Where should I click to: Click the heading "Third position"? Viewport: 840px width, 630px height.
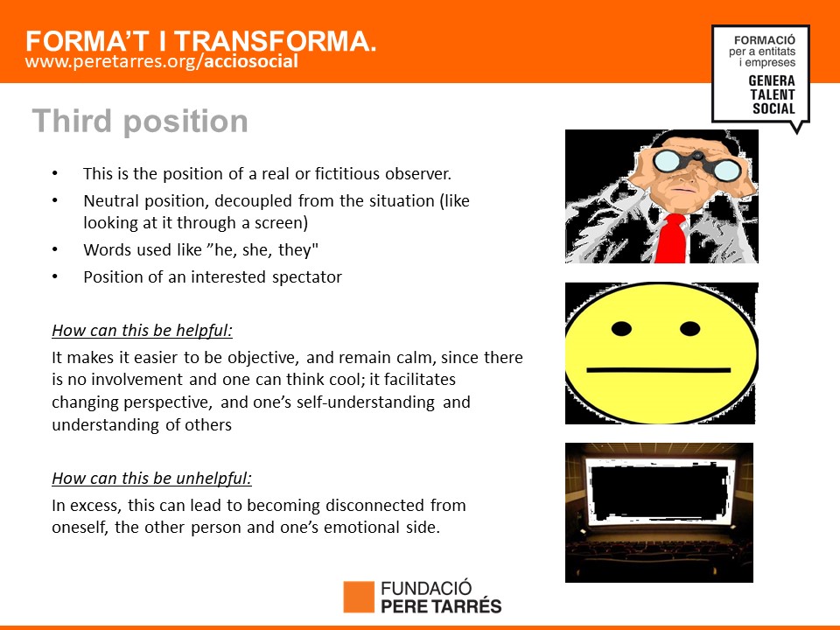pyautogui.click(x=140, y=122)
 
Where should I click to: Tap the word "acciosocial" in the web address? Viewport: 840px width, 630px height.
pyautogui.click(x=251, y=61)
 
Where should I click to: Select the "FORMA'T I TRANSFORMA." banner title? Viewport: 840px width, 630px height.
pyautogui.click(x=201, y=41)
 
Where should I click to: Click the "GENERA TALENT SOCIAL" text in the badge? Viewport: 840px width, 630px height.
pyautogui.click(x=772, y=94)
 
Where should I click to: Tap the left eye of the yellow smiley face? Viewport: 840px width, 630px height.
pyautogui.click(x=621, y=329)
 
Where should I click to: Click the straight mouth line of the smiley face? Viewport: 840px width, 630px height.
pyautogui.click(x=659, y=370)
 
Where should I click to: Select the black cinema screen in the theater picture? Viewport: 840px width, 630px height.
pyautogui.click(x=660, y=491)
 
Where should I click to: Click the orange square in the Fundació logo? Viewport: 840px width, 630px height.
pyautogui.click(x=359, y=597)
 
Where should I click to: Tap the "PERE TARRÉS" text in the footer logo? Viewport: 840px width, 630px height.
pyautogui.click(x=441, y=605)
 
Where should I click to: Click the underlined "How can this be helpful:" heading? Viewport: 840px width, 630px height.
pyautogui.click(x=143, y=331)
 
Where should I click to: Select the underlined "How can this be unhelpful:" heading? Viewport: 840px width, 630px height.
pyautogui.click(x=151, y=479)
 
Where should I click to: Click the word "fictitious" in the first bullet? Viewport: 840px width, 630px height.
pyautogui.click(x=347, y=174)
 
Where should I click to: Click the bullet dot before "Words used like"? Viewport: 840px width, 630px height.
pyautogui.click(x=54, y=249)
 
